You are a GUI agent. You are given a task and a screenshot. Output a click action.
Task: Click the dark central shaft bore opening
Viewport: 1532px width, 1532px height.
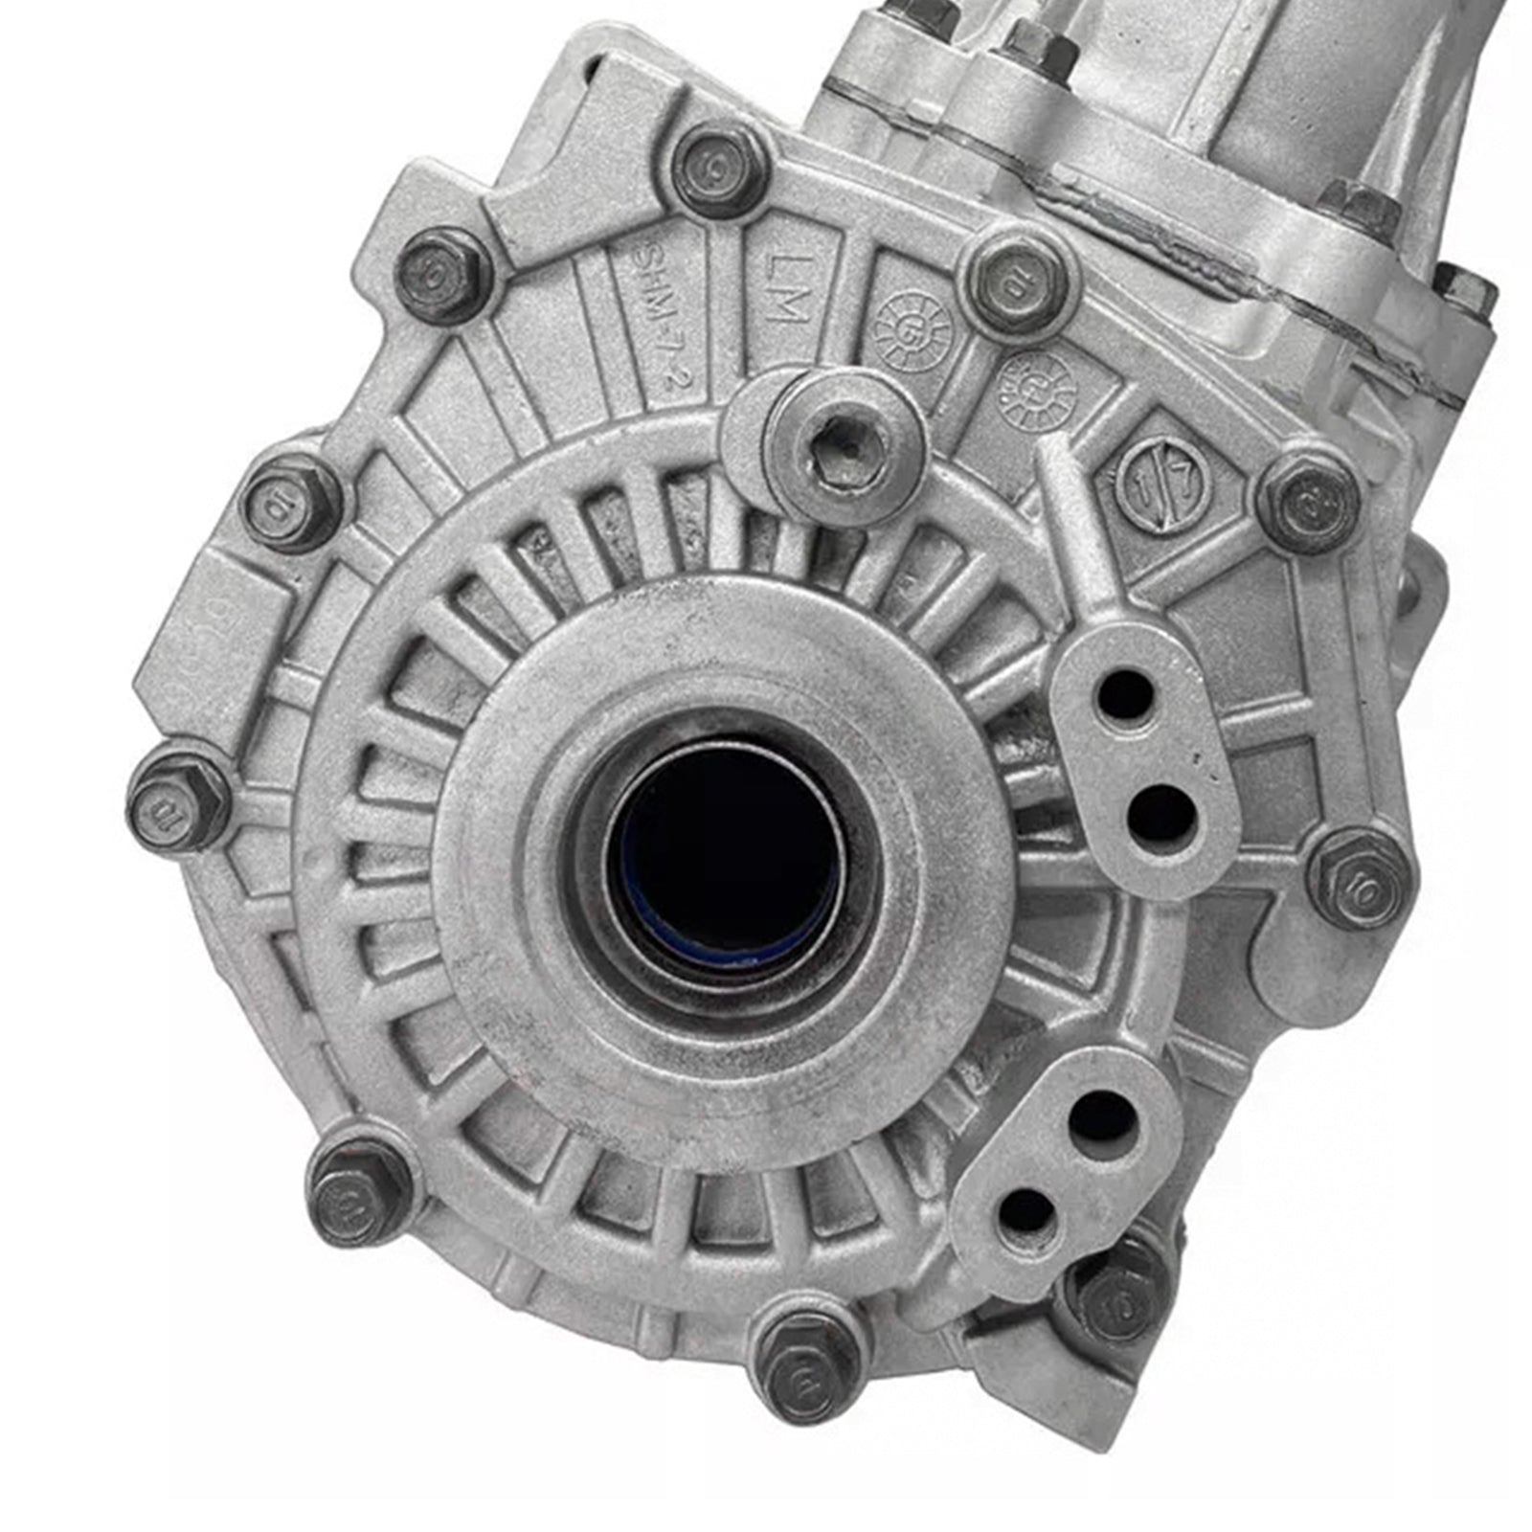(725, 852)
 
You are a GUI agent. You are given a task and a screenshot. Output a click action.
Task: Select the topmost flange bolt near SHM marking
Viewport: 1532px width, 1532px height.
(719, 170)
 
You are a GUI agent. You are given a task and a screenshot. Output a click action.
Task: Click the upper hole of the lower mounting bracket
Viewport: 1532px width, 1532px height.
(1102, 1117)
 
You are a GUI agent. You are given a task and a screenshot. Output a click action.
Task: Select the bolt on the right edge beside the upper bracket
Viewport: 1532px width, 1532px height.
(1360, 876)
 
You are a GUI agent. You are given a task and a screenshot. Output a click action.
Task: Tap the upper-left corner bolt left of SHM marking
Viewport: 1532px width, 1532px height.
(443, 276)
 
